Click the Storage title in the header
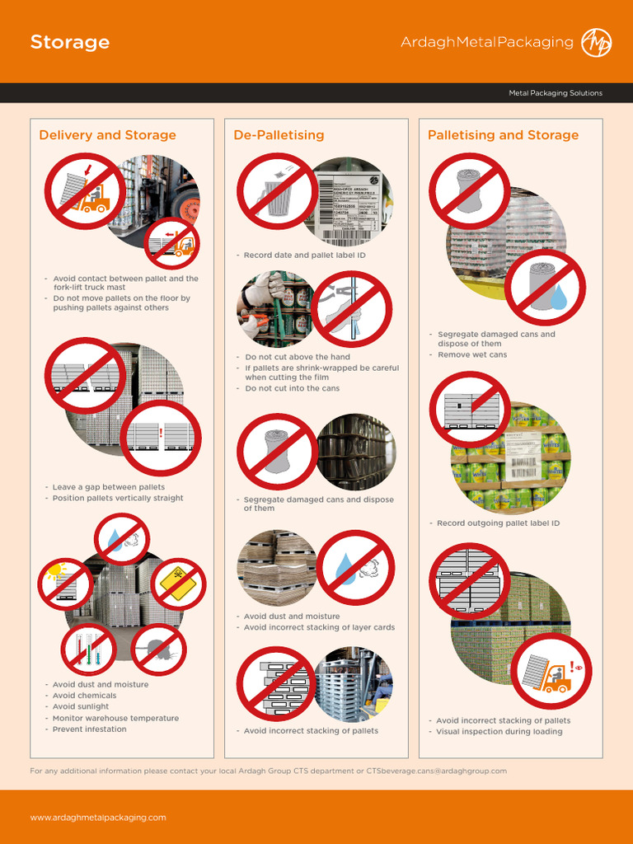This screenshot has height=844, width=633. [70, 42]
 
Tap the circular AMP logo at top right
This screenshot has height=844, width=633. [596, 42]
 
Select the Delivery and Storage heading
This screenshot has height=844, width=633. [107, 135]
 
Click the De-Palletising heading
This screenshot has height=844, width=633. [279, 135]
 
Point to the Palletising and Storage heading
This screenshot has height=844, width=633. [503, 135]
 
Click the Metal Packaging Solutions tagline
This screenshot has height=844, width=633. [555, 93]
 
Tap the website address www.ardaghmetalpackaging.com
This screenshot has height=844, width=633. [98, 817]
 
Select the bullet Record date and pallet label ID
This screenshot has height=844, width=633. [304, 256]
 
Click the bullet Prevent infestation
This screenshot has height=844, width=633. [89, 729]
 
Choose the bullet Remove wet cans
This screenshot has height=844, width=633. [471, 354]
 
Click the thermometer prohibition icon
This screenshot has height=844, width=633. [88, 649]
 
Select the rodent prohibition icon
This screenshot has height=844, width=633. [158, 649]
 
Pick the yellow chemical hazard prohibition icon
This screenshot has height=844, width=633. [178, 584]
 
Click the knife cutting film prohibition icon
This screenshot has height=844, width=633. [352, 308]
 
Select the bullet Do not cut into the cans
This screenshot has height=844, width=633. [292, 388]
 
